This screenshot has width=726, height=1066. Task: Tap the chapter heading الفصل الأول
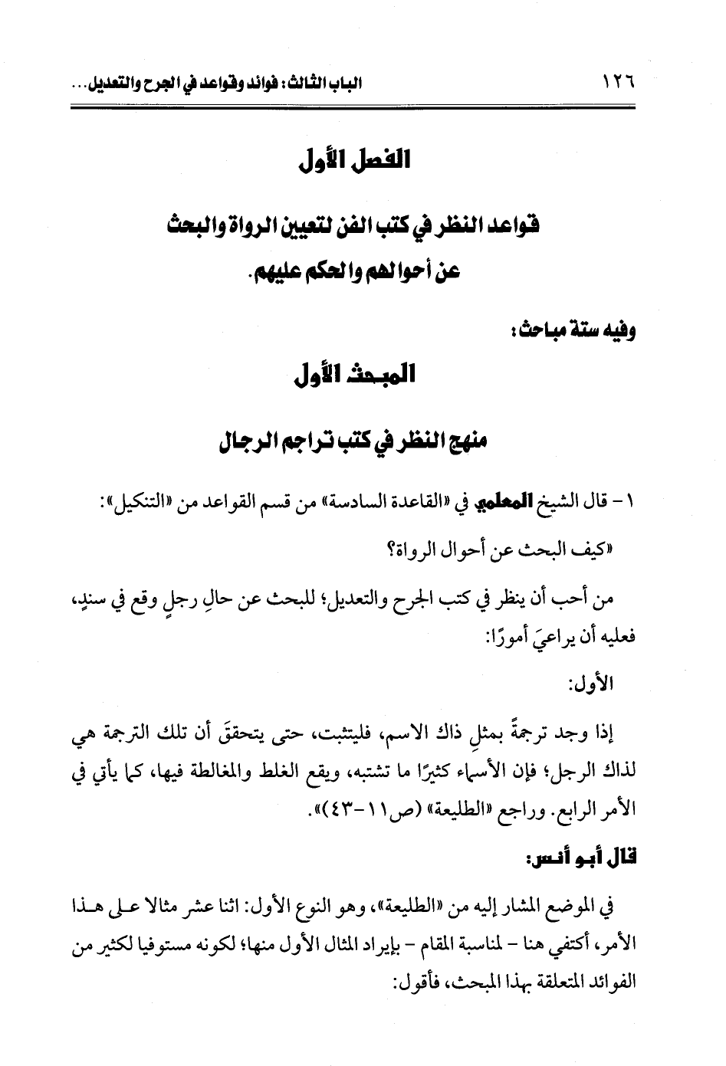(x=354, y=162)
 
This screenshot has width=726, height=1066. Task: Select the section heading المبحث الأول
(x=354, y=376)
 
